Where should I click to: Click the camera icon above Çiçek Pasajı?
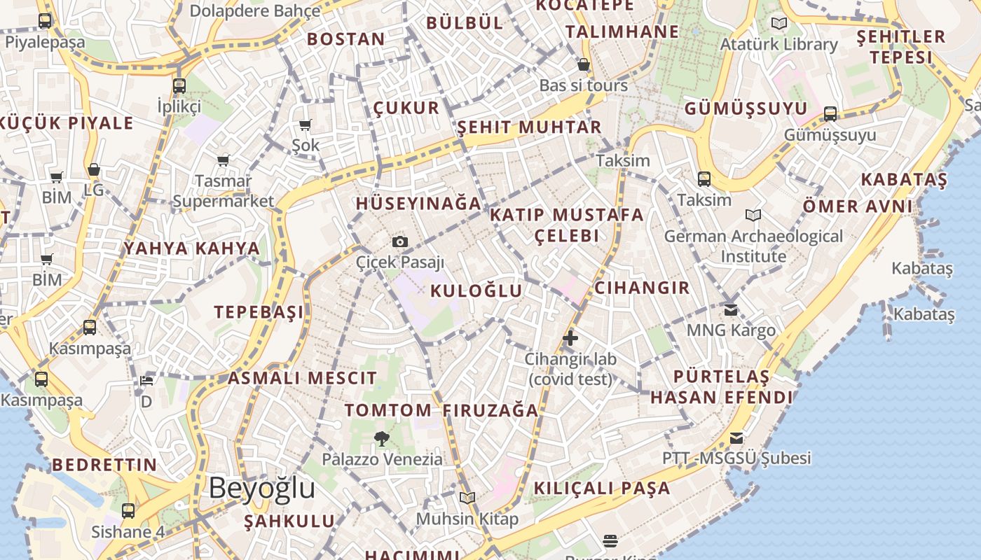click(399, 242)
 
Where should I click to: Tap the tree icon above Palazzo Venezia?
click(382, 439)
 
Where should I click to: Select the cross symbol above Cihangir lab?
click(570, 339)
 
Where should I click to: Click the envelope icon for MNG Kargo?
click(731, 309)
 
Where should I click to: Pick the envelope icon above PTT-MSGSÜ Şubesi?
click(736, 438)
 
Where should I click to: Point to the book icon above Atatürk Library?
click(778, 24)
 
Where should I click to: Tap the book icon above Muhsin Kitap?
click(467, 498)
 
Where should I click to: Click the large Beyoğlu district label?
click(262, 488)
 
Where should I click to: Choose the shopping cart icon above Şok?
click(306, 125)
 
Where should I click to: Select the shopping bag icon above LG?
click(93, 170)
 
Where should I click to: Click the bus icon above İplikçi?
click(179, 86)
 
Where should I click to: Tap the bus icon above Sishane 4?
click(128, 511)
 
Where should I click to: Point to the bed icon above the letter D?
click(146, 381)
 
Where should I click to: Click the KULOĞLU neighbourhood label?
click(476, 291)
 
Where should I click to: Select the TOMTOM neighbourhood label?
click(387, 410)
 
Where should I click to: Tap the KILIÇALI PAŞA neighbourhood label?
click(602, 488)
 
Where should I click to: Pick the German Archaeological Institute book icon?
click(753, 216)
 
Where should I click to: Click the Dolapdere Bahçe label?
click(255, 11)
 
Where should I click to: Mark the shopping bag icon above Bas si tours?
click(584, 65)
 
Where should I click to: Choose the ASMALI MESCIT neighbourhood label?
click(302, 379)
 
